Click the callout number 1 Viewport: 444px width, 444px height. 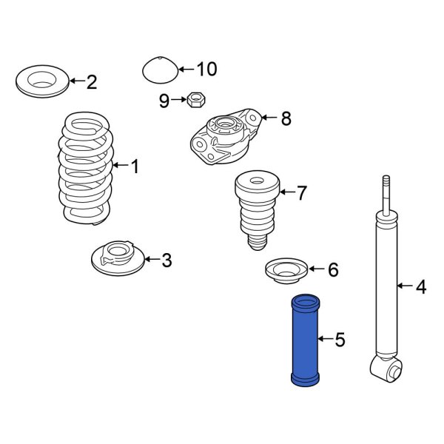coord(135,167)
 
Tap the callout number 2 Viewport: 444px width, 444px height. coord(91,82)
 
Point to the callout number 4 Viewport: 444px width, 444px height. coord(420,286)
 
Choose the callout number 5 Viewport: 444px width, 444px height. coord(340,340)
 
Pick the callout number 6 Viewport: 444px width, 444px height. coord(332,270)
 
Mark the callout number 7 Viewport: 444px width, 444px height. coord(301,194)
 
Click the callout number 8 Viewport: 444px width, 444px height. coord(286,118)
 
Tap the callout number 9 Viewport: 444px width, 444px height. coord(164,101)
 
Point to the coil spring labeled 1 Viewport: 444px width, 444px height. coord(87,167)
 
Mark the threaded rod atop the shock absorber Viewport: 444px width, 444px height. coord(385,194)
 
